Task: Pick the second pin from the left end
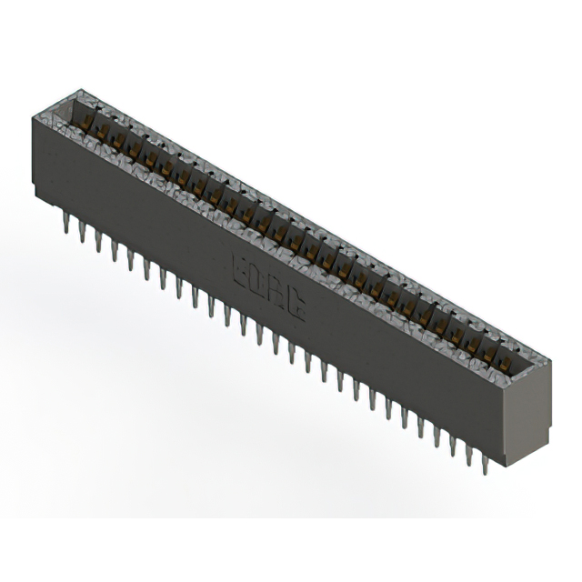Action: point(82,231)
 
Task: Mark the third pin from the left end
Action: point(98,240)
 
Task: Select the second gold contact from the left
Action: point(102,133)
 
